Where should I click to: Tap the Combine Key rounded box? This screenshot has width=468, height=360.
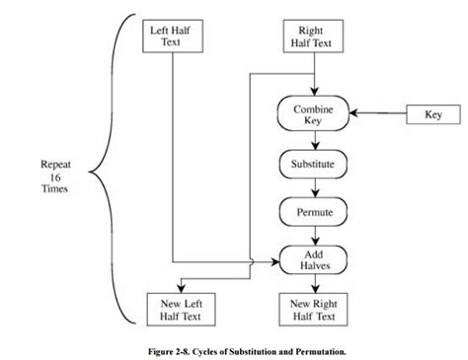pyautogui.click(x=314, y=114)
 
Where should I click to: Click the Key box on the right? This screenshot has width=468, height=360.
pyautogui.click(x=432, y=114)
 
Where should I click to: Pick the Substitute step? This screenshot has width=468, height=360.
pyautogui.click(x=312, y=163)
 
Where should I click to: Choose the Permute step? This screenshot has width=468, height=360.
pyautogui.click(x=312, y=211)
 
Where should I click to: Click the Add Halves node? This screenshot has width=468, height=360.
pyautogui.click(x=312, y=260)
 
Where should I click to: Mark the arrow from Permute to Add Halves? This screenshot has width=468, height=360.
pyautogui.click(x=312, y=236)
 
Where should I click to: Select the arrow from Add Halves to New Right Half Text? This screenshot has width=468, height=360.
pyautogui.click(x=312, y=284)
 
